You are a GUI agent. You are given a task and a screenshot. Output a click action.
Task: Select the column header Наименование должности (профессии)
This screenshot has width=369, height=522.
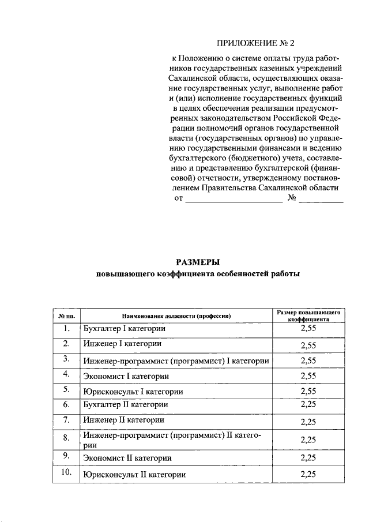[x=176, y=316]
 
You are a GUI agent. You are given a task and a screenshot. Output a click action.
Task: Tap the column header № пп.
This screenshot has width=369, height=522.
[x=67, y=316]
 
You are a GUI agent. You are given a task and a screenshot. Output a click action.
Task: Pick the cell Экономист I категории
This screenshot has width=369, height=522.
[x=126, y=376]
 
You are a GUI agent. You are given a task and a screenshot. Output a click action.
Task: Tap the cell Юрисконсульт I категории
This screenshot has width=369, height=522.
[x=133, y=392]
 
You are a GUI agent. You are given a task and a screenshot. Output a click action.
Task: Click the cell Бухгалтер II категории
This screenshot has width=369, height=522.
[x=125, y=404]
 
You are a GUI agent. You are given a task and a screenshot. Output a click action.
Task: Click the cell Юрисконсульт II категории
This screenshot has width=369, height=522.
[x=134, y=475]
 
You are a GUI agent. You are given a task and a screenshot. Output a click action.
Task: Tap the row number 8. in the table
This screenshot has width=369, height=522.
[x=67, y=439]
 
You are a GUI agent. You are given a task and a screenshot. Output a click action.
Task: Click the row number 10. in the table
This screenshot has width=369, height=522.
[x=67, y=473]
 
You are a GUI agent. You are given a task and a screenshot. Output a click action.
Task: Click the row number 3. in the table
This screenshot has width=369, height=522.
[x=67, y=359]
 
